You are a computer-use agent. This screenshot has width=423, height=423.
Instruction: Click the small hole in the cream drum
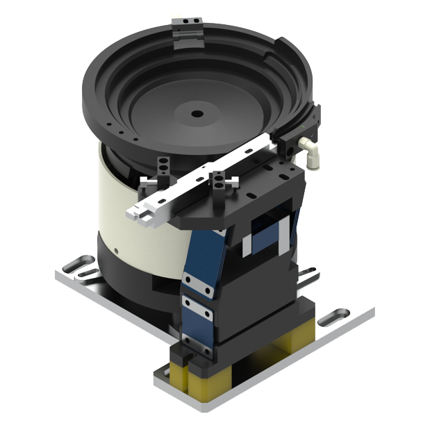[117, 247]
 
